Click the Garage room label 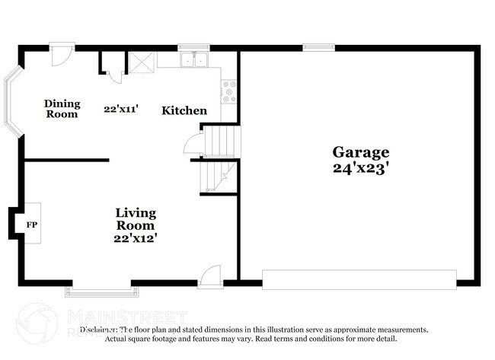point(360,152)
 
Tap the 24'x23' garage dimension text point(360,169)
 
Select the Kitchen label point(184,110)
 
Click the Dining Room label point(62,109)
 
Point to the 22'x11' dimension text point(120,109)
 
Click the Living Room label point(136,218)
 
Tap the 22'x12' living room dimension point(136,238)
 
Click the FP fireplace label point(32,225)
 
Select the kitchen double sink point(194,60)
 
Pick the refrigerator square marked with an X point(142,61)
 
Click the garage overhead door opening point(359,279)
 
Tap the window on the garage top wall point(318,47)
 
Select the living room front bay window point(102,290)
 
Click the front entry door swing point(209,276)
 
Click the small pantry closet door point(115,75)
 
